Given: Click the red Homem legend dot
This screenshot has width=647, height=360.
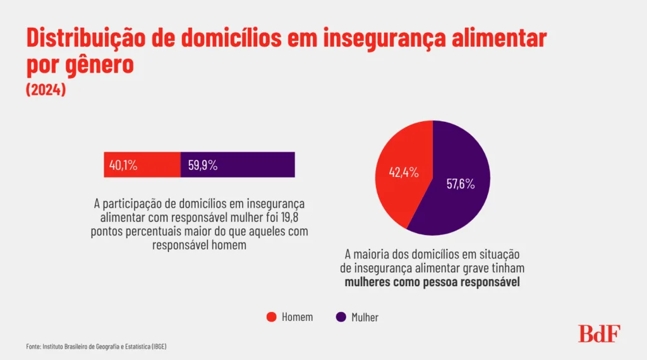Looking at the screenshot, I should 272,317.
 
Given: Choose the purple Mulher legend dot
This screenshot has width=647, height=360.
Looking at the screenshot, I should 341,317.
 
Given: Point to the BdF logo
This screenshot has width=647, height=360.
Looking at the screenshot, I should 600,333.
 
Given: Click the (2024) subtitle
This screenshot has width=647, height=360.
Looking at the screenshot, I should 46,90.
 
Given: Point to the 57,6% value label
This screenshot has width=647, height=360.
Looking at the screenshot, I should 460,185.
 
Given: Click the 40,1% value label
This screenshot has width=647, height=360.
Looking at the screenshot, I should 123,165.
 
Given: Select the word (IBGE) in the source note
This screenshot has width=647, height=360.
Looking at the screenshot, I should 158,347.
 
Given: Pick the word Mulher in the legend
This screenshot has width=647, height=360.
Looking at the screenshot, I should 365,317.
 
